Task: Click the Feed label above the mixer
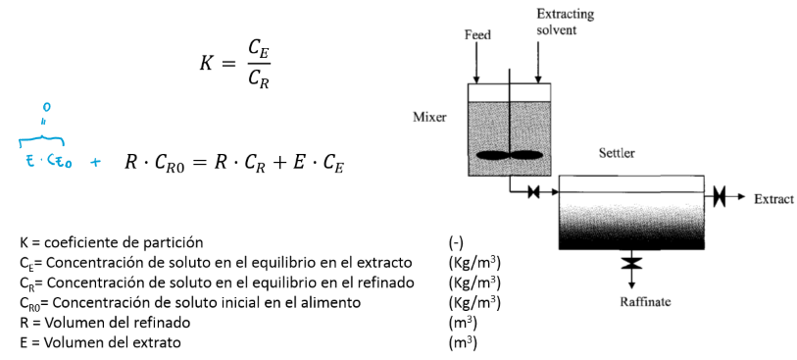(x=476, y=34)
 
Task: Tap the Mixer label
(x=429, y=117)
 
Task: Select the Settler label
(x=617, y=154)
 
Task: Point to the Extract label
(x=773, y=198)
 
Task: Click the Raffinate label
(x=645, y=300)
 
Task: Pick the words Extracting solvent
(x=564, y=22)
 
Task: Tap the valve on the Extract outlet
(x=720, y=197)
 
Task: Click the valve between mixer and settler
(x=534, y=192)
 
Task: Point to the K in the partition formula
(x=206, y=63)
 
